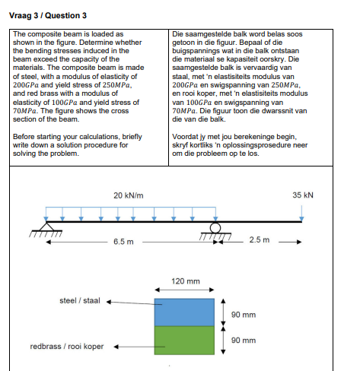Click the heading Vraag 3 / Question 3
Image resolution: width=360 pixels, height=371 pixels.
[47, 15]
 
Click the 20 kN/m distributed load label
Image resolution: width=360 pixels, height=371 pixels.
[129, 195]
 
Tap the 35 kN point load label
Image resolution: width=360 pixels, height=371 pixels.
[302, 195]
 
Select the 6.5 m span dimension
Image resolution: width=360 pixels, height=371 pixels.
[124, 242]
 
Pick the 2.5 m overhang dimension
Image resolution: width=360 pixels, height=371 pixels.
[259, 242]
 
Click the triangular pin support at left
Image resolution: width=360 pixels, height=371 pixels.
[47, 227]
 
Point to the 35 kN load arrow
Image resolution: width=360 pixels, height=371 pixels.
[302, 212]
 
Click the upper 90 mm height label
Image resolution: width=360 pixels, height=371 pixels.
[243, 313]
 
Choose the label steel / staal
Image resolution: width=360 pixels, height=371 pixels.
[80, 300]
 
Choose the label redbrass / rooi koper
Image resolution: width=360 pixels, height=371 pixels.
[67, 347]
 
